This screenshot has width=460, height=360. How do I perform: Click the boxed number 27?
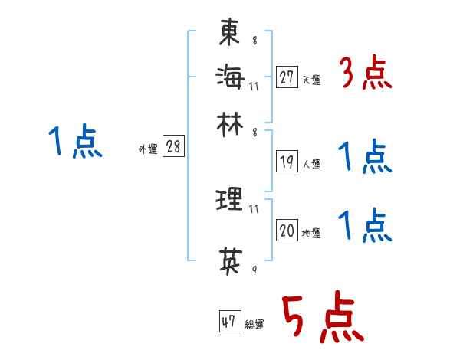pos(287,77)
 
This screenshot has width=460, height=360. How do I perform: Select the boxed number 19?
pos(287,162)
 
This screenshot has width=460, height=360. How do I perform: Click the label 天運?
pos(311,80)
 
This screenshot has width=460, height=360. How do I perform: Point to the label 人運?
pos(311,164)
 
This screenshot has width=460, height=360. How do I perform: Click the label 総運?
pos(255,324)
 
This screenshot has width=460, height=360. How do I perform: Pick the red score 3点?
pos(366,74)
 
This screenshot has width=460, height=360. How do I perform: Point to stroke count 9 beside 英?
pos(255,270)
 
